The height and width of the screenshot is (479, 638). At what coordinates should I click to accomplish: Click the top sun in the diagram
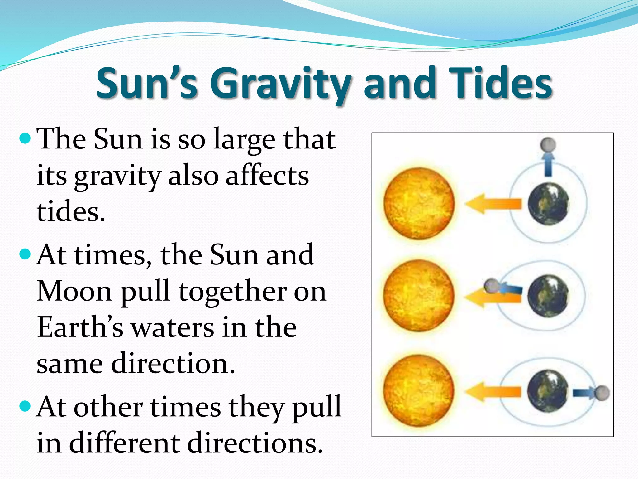[x=419, y=203]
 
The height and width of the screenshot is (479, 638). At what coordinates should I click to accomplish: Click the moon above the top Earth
[x=548, y=144]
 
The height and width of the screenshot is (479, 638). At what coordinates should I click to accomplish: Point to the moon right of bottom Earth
[x=602, y=393]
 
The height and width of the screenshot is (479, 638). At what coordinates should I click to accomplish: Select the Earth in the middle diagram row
[x=548, y=296]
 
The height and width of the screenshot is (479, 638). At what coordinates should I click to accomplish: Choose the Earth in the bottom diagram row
[x=548, y=391]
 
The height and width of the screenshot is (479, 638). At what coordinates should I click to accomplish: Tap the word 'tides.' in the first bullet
[x=71, y=212]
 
